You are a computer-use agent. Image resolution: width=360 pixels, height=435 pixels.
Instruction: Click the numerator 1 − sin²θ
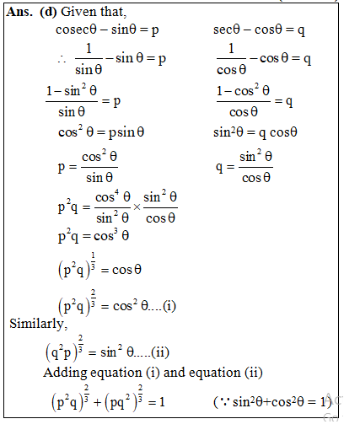[x=73, y=91]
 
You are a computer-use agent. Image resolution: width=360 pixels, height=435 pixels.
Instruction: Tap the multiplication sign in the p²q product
[x=137, y=207]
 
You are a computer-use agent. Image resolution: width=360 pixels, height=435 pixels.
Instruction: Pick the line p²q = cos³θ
[x=93, y=237]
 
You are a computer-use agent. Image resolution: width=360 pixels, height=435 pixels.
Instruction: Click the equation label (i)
[x=169, y=306]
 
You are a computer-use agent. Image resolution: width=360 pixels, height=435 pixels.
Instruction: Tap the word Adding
[x=67, y=373]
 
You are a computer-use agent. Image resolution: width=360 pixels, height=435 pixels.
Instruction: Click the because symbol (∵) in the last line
[x=220, y=403]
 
